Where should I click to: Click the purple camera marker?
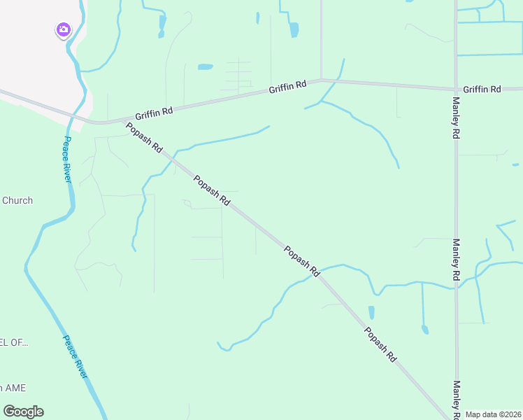pyautogui.click(x=64, y=29)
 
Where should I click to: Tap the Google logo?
pyautogui.click(x=23, y=412)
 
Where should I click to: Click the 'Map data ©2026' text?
pyautogui.click(x=493, y=414)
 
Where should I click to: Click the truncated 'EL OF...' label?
pyautogui.click(x=14, y=342)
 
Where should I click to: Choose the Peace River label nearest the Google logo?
pyautogui.click(x=76, y=357)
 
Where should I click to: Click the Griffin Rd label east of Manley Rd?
pyautogui.click(x=482, y=90)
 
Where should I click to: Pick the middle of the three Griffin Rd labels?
pyautogui.click(x=288, y=87)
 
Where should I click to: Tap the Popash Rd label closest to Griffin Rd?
pyautogui.click(x=144, y=138)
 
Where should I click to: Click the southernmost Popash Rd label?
pyautogui.click(x=380, y=344)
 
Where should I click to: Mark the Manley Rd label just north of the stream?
pyautogui.click(x=456, y=260)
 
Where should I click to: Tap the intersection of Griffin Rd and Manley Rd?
pyautogui.click(x=456, y=89)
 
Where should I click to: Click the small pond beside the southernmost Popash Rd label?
pyautogui.click(x=371, y=311)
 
